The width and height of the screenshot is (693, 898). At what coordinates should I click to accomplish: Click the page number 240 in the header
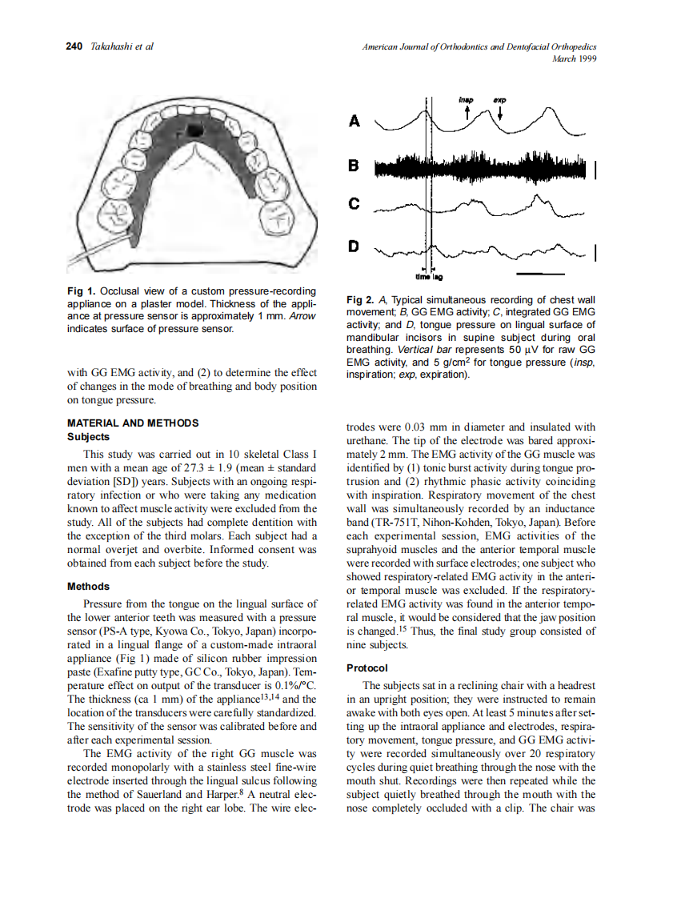[x=74, y=46]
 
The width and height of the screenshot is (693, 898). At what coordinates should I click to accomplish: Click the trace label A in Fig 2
[x=355, y=122]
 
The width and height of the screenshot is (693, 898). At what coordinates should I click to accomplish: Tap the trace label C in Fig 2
[x=355, y=206]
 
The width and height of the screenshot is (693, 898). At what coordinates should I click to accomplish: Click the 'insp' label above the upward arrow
[x=467, y=100]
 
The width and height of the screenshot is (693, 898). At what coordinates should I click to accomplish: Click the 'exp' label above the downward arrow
[x=500, y=100]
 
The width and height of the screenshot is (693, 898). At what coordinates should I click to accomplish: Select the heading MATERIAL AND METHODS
[x=132, y=423]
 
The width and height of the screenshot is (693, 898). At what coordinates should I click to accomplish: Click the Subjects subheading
[x=89, y=436]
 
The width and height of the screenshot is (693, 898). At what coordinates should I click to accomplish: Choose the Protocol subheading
[x=367, y=667]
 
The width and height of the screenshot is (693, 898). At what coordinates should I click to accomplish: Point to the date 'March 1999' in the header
[x=575, y=58]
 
